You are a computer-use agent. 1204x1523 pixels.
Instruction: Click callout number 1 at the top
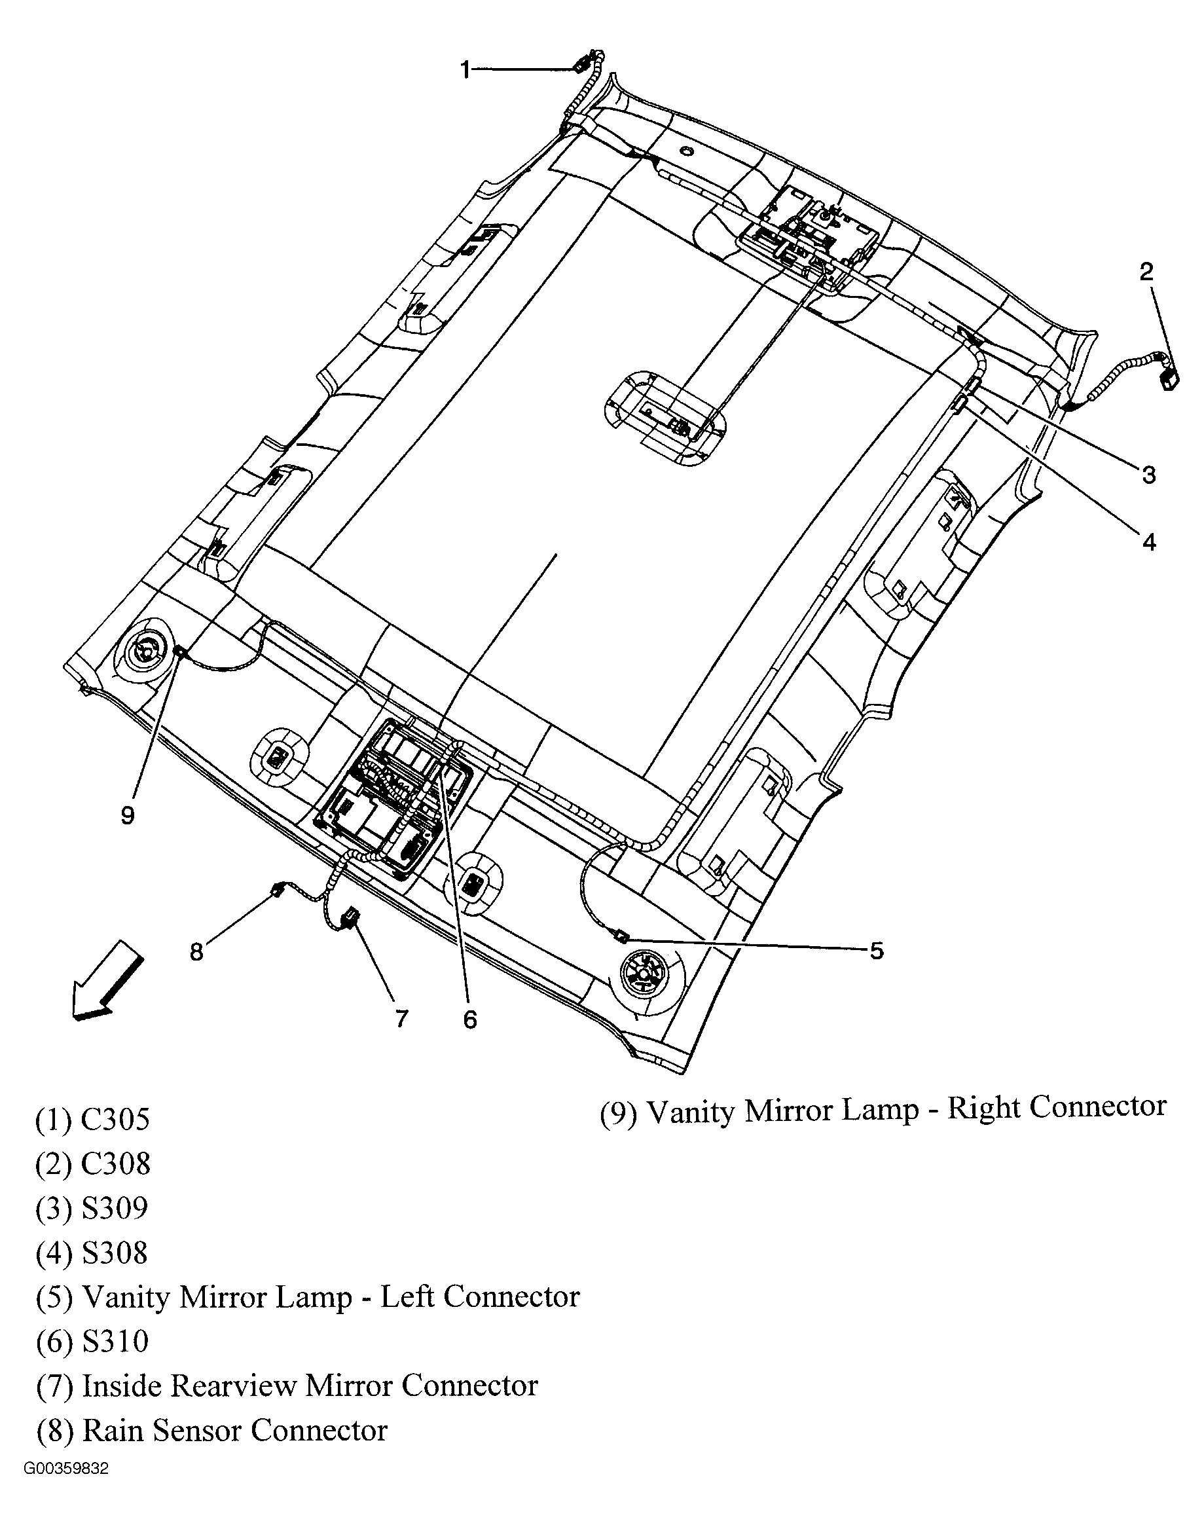pyautogui.click(x=465, y=70)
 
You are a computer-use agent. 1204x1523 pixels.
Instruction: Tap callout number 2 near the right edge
pyautogui.click(x=1147, y=272)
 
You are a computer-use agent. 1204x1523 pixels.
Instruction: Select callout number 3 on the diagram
pyautogui.click(x=1149, y=475)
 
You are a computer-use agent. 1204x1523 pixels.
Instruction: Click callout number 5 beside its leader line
pyautogui.click(x=876, y=951)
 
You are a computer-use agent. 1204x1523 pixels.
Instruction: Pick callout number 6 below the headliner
pyautogui.click(x=470, y=1019)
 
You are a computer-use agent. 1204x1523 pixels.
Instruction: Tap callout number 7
pyautogui.click(x=401, y=1018)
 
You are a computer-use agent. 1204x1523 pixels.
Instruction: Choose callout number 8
pyautogui.click(x=196, y=952)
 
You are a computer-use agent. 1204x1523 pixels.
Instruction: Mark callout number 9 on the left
pyautogui.click(x=128, y=816)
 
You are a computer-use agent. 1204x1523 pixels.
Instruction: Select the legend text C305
pyautogui.click(x=116, y=1120)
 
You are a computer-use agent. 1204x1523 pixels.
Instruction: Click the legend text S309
pyautogui.click(x=115, y=1209)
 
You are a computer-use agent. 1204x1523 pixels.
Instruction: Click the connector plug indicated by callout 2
pyautogui.click(x=1168, y=382)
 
